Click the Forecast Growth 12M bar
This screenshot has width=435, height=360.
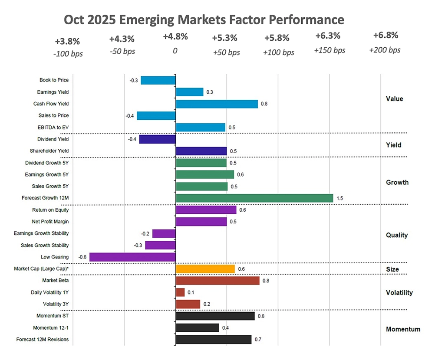pos(254,198)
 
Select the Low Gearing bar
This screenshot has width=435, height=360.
pos(132,257)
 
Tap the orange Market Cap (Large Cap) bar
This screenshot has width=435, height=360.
pos(205,269)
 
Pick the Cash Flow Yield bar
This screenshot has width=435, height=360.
pos(217,104)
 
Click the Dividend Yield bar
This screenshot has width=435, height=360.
pos(157,139)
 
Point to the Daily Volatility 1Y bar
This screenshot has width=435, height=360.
pos(180,292)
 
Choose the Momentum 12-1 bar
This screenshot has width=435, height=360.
pos(197,327)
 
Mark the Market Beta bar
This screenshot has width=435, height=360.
pos(217,281)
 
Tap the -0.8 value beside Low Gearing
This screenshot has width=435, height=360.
pos(82,257)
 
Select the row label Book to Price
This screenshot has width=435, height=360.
pos(54,80)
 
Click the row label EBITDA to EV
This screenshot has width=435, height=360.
pos(53,128)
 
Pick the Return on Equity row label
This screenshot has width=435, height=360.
pos(50,210)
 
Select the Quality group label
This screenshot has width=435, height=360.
pos(397,235)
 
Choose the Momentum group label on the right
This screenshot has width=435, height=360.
pos(403,329)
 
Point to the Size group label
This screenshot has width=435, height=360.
pos(392,269)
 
